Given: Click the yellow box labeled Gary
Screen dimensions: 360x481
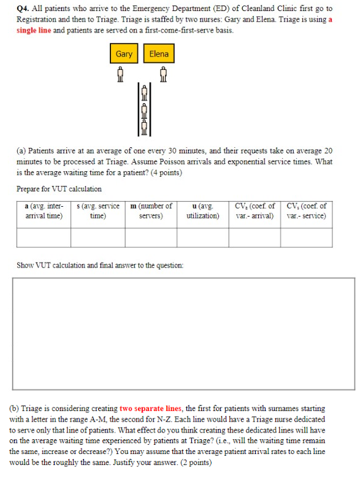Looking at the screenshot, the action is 124,54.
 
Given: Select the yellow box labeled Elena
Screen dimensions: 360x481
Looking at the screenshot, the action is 158,54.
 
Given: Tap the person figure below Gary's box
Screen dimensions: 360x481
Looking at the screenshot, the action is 120,74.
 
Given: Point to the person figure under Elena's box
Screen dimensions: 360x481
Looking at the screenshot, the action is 163,74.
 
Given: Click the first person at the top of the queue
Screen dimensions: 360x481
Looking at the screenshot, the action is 145,92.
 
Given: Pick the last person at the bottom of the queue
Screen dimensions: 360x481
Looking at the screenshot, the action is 145,127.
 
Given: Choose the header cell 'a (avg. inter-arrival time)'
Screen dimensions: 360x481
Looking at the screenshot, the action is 44,210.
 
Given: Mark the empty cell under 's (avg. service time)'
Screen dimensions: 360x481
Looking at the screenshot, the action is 98,237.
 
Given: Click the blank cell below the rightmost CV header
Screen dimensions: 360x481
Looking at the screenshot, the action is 307,237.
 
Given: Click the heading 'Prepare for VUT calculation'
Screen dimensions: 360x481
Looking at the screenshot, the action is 59,189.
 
